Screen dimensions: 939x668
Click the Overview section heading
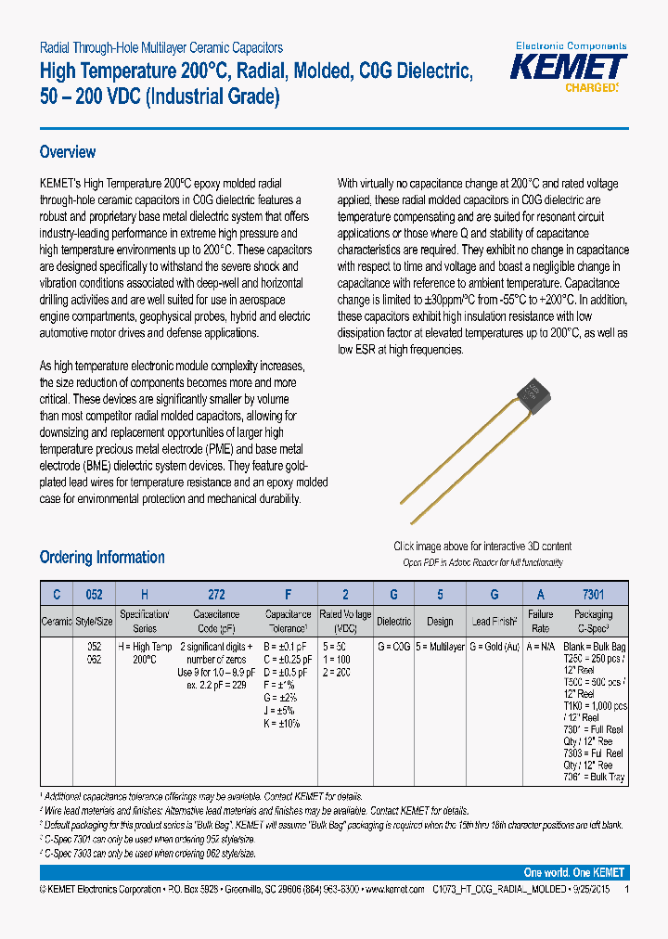[68, 152]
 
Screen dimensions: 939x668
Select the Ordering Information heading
[102, 558]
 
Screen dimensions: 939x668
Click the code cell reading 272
[216, 595]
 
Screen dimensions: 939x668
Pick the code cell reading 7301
[594, 595]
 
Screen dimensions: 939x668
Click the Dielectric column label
[394, 622]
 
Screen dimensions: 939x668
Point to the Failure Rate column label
[540, 621]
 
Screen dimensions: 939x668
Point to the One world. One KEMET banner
[574, 872]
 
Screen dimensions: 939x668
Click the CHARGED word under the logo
[590, 88]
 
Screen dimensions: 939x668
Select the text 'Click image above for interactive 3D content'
[482, 547]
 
